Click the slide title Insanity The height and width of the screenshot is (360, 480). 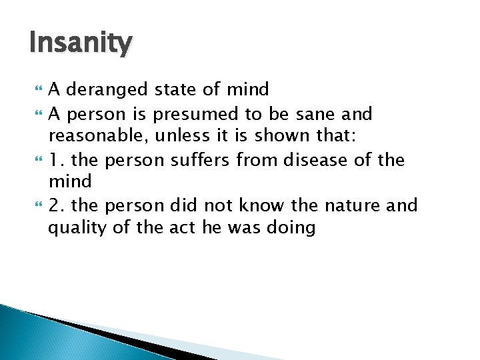click(81, 45)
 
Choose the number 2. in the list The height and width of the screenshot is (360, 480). click(57, 205)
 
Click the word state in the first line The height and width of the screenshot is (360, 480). click(178, 89)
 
